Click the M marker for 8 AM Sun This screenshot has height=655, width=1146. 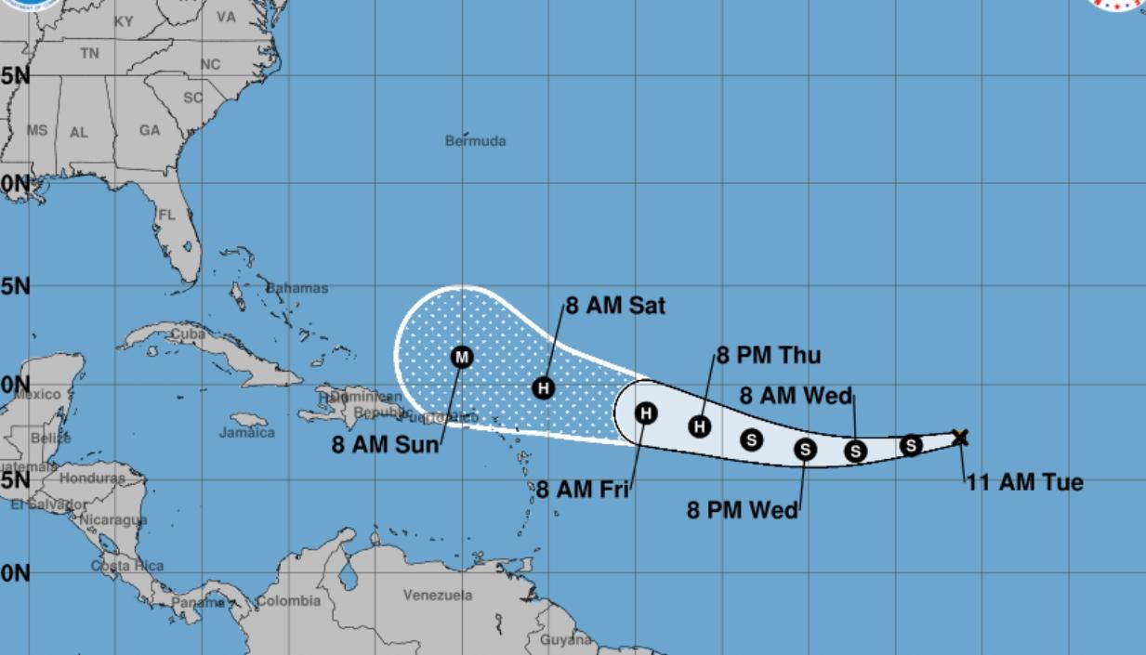coord(462,357)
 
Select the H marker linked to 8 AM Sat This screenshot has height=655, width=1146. coord(544,388)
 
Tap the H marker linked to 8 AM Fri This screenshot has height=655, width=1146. coord(646,413)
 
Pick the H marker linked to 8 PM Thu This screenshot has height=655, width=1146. coord(700,426)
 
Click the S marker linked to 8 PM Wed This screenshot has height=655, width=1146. coord(805,450)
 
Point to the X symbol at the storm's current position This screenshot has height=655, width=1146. coord(960,437)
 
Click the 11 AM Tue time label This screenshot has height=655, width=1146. coord(1024,483)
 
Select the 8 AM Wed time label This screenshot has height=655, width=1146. coord(796,396)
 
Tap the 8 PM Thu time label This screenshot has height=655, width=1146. coord(769,356)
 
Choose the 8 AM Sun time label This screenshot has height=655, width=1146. coord(385,445)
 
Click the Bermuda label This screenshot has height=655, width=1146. coord(475,141)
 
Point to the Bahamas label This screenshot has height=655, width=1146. coord(297,288)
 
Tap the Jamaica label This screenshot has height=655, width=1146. coord(247,432)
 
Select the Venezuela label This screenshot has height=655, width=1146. coord(438,595)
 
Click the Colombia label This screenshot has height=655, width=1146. coord(288,601)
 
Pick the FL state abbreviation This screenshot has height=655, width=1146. coord(166,215)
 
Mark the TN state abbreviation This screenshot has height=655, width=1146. coord(89,54)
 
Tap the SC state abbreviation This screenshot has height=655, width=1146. coord(192,98)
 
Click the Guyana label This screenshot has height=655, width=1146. coord(565,639)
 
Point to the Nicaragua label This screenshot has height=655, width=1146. coord(112,519)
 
